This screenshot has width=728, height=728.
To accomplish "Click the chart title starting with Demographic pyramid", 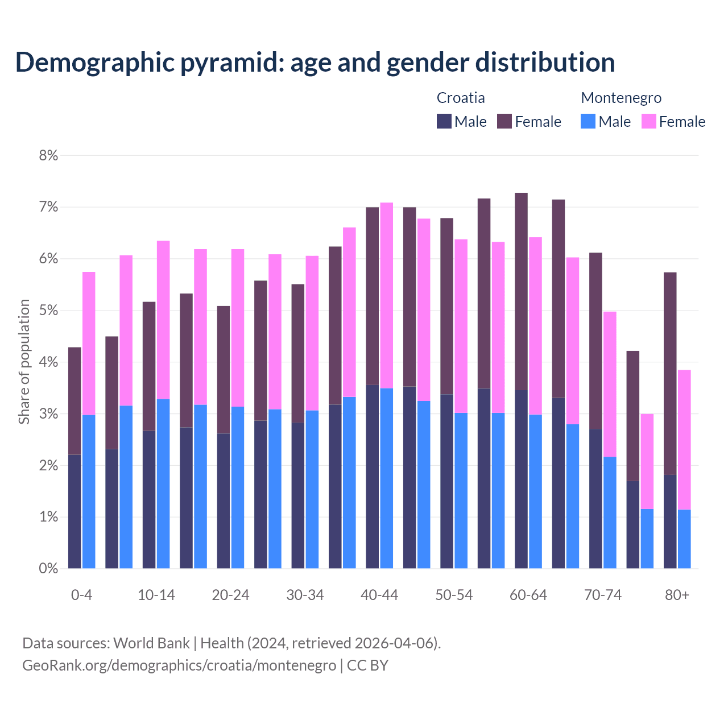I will pyautogui.click(x=315, y=63).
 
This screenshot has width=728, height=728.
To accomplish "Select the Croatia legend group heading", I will pyautogui.click(x=461, y=98).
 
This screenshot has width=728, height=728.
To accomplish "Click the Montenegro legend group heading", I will pyautogui.click(x=621, y=98).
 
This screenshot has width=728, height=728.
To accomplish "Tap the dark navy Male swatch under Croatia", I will pyautogui.click(x=444, y=121).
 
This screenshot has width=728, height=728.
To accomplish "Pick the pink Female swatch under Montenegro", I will pyautogui.click(x=648, y=121).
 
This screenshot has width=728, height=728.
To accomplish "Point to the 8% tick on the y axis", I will pyautogui.click(x=48, y=155).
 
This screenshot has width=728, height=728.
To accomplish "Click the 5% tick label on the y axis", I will pyautogui.click(x=48, y=311).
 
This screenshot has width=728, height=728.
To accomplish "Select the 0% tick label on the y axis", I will pyautogui.click(x=48, y=568).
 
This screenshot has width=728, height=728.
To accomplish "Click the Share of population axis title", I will pyautogui.click(x=24, y=362).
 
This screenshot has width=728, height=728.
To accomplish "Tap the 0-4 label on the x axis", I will pyautogui.click(x=81, y=595).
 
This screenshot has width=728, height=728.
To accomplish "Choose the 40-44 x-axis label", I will pyautogui.click(x=379, y=595).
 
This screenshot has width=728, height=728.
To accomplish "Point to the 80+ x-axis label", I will pyautogui.click(x=677, y=595).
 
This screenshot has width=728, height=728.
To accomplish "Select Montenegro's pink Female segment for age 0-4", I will pyautogui.click(x=89, y=344).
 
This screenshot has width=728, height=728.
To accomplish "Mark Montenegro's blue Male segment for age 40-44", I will pyautogui.click(x=387, y=478).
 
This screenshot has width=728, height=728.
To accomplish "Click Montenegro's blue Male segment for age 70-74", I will pyautogui.click(x=610, y=512).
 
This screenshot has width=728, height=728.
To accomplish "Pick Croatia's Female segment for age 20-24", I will pyautogui.click(x=224, y=370).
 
